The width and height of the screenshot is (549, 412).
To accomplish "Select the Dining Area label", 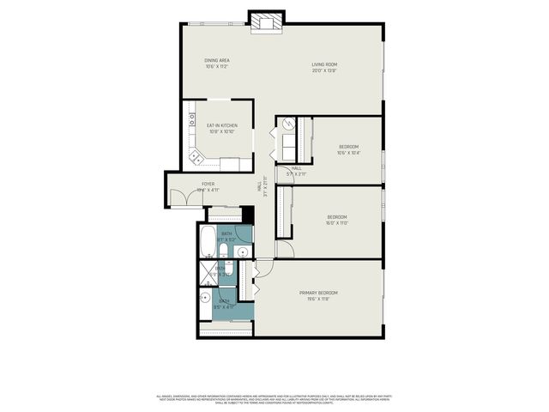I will pyautogui.click(x=216, y=63).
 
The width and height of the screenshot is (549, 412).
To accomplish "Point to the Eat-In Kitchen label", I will pyautogui.click(x=222, y=129).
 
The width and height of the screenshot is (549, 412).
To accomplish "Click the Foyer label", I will pyautogui.click(x=208, y=186).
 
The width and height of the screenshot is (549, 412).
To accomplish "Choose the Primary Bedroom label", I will pyautogui.click(x=317, y=296).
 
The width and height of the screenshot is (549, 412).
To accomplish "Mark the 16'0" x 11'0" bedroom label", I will pyautogui.click(x=336, y=220).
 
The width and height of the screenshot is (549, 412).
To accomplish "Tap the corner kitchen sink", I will pyautogui.click(x=196, y=158).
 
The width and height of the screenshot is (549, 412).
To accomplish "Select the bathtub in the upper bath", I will pyautogui.click(x=208, y=242).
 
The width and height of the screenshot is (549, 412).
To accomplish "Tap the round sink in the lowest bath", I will pyautogui.click(x=206, y=299).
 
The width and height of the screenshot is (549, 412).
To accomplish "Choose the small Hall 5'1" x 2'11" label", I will pyautogui.click(x=296, y=171).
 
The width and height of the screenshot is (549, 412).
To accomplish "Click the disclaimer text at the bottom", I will pyautogui.click(x=274, y=398).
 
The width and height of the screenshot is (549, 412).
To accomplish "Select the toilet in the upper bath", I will pyautogui.click(x=221, y=251).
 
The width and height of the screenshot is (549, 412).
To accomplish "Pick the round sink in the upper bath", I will pyautogui.click(x=242, y=252).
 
